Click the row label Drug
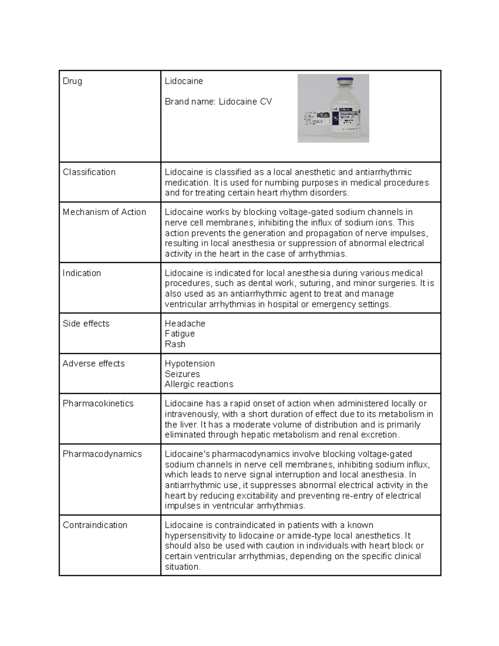(x=72, y=82)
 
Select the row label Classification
(x=89, y=172)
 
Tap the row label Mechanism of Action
(x=104, y=212)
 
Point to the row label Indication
(x=82, y=273)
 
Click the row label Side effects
(x=86, y=324)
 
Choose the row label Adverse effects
(x=94, y=364)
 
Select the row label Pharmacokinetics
(x=98, y=403)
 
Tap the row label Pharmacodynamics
(x=102, y=454)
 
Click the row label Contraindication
(x=95, y=525)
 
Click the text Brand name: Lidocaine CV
(x=218, y=102)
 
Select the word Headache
(x=185, y=324)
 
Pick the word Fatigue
(x=180, y=334)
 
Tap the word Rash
(x=175, y=344)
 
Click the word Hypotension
(x=190, y=364)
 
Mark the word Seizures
(x=182, y=374)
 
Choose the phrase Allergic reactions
(x=199, y=384)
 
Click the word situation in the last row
(x=182, y=567)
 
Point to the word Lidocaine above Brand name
(x=184, y=82)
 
